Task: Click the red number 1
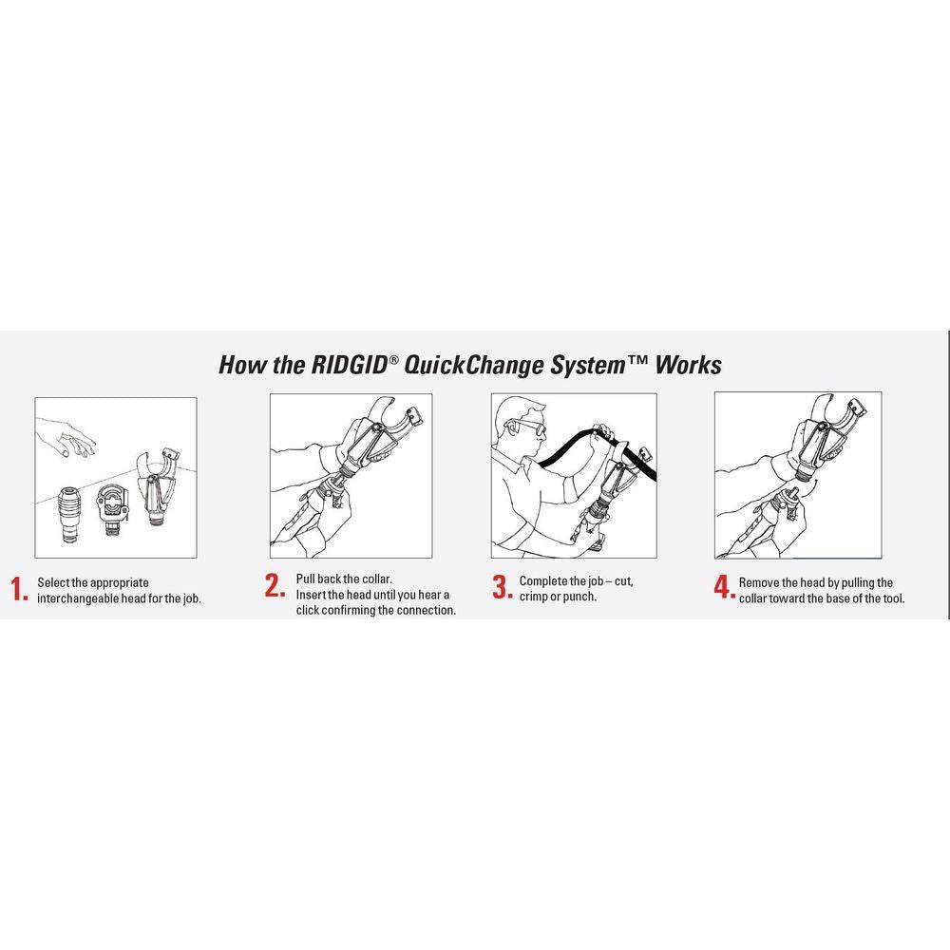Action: (x=20, y=590)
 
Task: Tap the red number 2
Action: (x=275, y=586)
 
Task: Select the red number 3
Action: (x=502, y=587)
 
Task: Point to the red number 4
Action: (x=724, y=587)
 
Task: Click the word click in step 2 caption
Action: (x=313, y=610)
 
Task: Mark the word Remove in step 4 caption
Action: (x=760, y=582)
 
